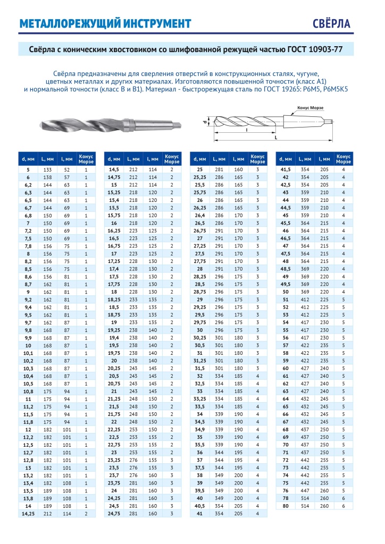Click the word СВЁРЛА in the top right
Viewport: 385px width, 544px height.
coord(345,24)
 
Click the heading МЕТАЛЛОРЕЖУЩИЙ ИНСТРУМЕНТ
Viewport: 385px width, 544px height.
coord(105,24)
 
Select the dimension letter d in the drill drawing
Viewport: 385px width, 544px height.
coord(204,122)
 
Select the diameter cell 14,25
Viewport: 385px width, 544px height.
coord(28,514)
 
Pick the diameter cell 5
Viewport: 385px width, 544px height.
coord(28,169)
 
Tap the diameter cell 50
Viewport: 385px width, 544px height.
coord(286,292)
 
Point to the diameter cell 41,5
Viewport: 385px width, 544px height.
coord(286,169)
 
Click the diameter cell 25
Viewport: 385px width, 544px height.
coord(200,169)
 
